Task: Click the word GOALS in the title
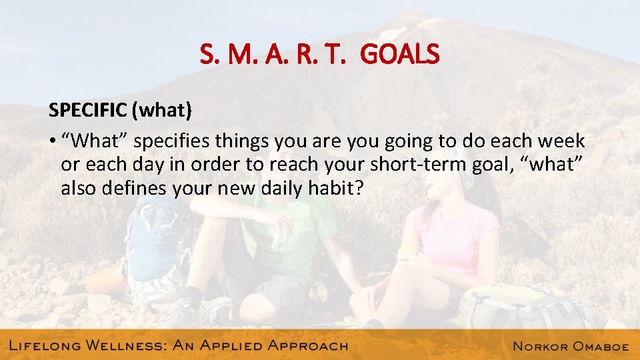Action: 400,54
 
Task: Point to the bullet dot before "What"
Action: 51,141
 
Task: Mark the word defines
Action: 135,188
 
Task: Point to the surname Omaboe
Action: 603,345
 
